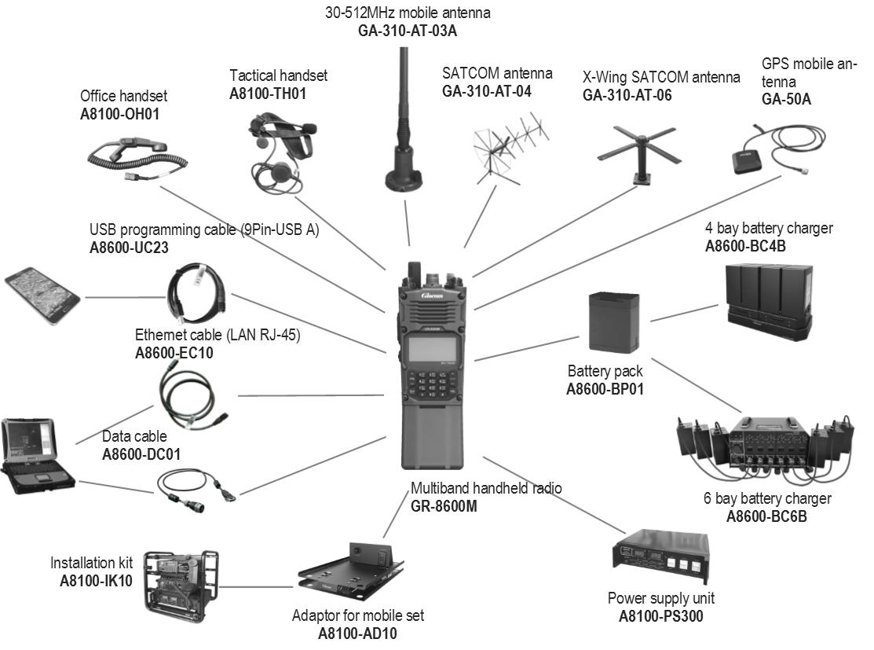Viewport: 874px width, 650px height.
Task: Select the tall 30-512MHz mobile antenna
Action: coord(404,126)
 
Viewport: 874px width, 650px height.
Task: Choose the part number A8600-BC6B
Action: coord(766,516)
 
